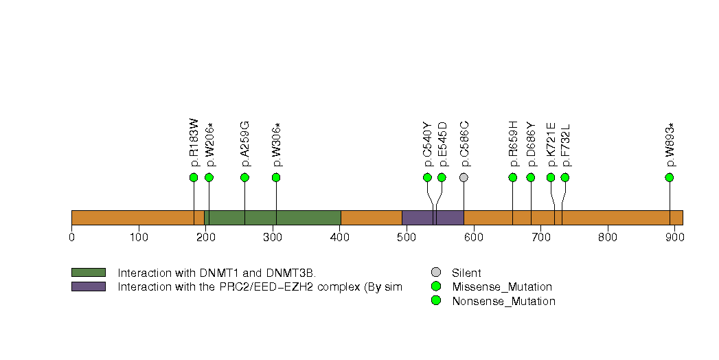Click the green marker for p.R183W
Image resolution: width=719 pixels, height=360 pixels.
click(x=194, y=177)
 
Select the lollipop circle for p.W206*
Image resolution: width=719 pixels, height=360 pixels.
click(x=209, y=177)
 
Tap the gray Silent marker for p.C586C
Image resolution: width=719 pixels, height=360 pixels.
click(x=464, y=177)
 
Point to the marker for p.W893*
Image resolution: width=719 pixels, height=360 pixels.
click(x=670, y=177)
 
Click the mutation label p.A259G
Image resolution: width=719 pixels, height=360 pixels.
click(x=245, y=144)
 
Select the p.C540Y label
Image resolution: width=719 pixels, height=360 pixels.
click(x=427, y=144)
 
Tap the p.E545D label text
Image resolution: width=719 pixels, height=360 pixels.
click(x=442, y=144)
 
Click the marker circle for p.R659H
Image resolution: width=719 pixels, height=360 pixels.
click(x=513, y=177)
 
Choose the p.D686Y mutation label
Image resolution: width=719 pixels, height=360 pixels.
click(x=531, y=144)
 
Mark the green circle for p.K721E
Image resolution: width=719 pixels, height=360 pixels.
click(x=551, y=177)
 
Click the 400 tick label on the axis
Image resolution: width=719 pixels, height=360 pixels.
click(x=340, y=237)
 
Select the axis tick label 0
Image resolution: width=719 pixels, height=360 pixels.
click(x=71, y=237)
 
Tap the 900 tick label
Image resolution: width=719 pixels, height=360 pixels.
click(x=674, y=237)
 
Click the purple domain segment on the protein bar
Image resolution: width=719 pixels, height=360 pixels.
click(x=433, y=218)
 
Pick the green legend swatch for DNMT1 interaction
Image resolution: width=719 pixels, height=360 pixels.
click(x=89, y=273)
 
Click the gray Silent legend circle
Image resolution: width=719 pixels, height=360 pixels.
click(x=436, y=273)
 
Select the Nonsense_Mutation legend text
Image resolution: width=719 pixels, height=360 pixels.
click(x=503, y=302)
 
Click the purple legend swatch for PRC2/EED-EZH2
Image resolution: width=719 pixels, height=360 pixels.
click(x=89, y=286)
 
